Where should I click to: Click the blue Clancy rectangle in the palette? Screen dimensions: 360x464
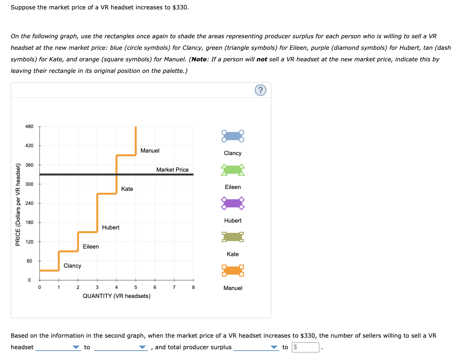233,136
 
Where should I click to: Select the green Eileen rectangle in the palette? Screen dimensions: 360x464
233,170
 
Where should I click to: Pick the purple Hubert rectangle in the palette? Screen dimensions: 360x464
233,203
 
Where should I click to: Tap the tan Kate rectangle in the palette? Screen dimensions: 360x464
233,237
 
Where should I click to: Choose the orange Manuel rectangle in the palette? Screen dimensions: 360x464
233,270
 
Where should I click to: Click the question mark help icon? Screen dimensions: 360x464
261,90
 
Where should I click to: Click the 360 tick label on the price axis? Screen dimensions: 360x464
29,165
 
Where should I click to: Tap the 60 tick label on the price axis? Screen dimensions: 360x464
29,261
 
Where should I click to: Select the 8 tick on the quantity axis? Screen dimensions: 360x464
193,287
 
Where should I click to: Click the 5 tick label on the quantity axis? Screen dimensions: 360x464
136,287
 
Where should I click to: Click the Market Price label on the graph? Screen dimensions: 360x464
172,170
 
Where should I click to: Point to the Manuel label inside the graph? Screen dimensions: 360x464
150,151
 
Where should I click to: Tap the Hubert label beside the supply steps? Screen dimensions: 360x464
111,228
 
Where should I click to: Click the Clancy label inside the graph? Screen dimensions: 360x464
72,266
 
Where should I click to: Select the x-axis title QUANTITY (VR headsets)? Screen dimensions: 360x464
117,296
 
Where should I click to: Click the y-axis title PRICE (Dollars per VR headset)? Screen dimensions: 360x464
18,205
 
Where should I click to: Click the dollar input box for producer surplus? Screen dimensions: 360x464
305,347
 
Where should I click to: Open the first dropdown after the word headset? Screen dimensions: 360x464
58,347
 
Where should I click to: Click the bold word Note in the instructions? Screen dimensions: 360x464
199,60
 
